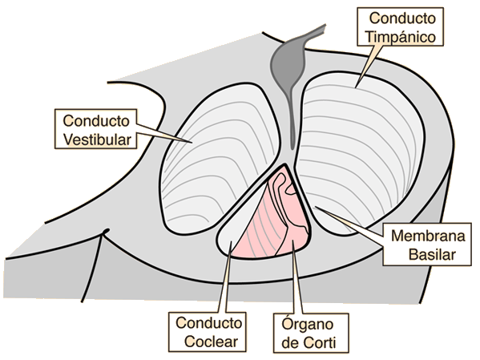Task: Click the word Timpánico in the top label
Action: coord(401,38)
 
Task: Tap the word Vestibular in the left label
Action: coord(97,140)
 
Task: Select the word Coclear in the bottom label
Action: coord(212,342)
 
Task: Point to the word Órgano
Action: coord(308,325)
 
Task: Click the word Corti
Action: coord(321,342)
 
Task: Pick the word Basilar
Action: coord(432,255)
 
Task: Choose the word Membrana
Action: coord(428,236)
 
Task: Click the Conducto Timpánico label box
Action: coord(401,27)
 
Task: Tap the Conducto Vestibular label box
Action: coord(96,129)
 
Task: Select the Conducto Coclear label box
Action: coord(208,332)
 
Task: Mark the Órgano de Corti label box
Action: coord(311,333)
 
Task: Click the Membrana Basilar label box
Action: coord(427,245)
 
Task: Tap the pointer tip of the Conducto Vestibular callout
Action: coord(192,143)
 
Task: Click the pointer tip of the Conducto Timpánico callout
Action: coord(356,88)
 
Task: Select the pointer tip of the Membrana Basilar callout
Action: coord(315,207)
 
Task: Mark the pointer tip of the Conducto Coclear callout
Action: coord(231,241)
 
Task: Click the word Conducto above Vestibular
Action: coord(96,121)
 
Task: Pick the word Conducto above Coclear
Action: coord(209,323)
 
